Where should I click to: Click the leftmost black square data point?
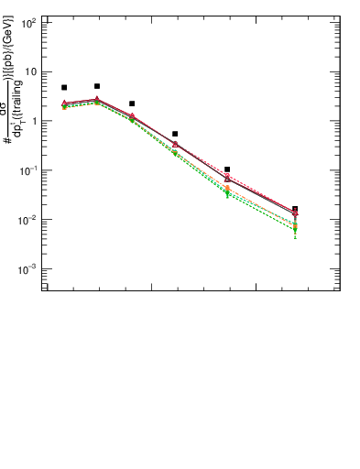click(64, 88)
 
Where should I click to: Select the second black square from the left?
click(97, 86)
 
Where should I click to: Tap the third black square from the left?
click(132, 104)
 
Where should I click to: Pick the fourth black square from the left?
click(175, 134)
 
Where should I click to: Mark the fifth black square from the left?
click(227, 169)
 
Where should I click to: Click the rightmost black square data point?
click(295, 209)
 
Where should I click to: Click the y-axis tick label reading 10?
click(30, 71)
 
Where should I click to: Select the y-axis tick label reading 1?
click(34, 121)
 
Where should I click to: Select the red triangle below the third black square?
click(132, 116)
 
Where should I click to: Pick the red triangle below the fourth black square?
click(175, 143)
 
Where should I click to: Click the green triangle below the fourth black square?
click(175, 153)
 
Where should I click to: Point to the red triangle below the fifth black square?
click(227, 178)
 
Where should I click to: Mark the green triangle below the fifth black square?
click(227, 194)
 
